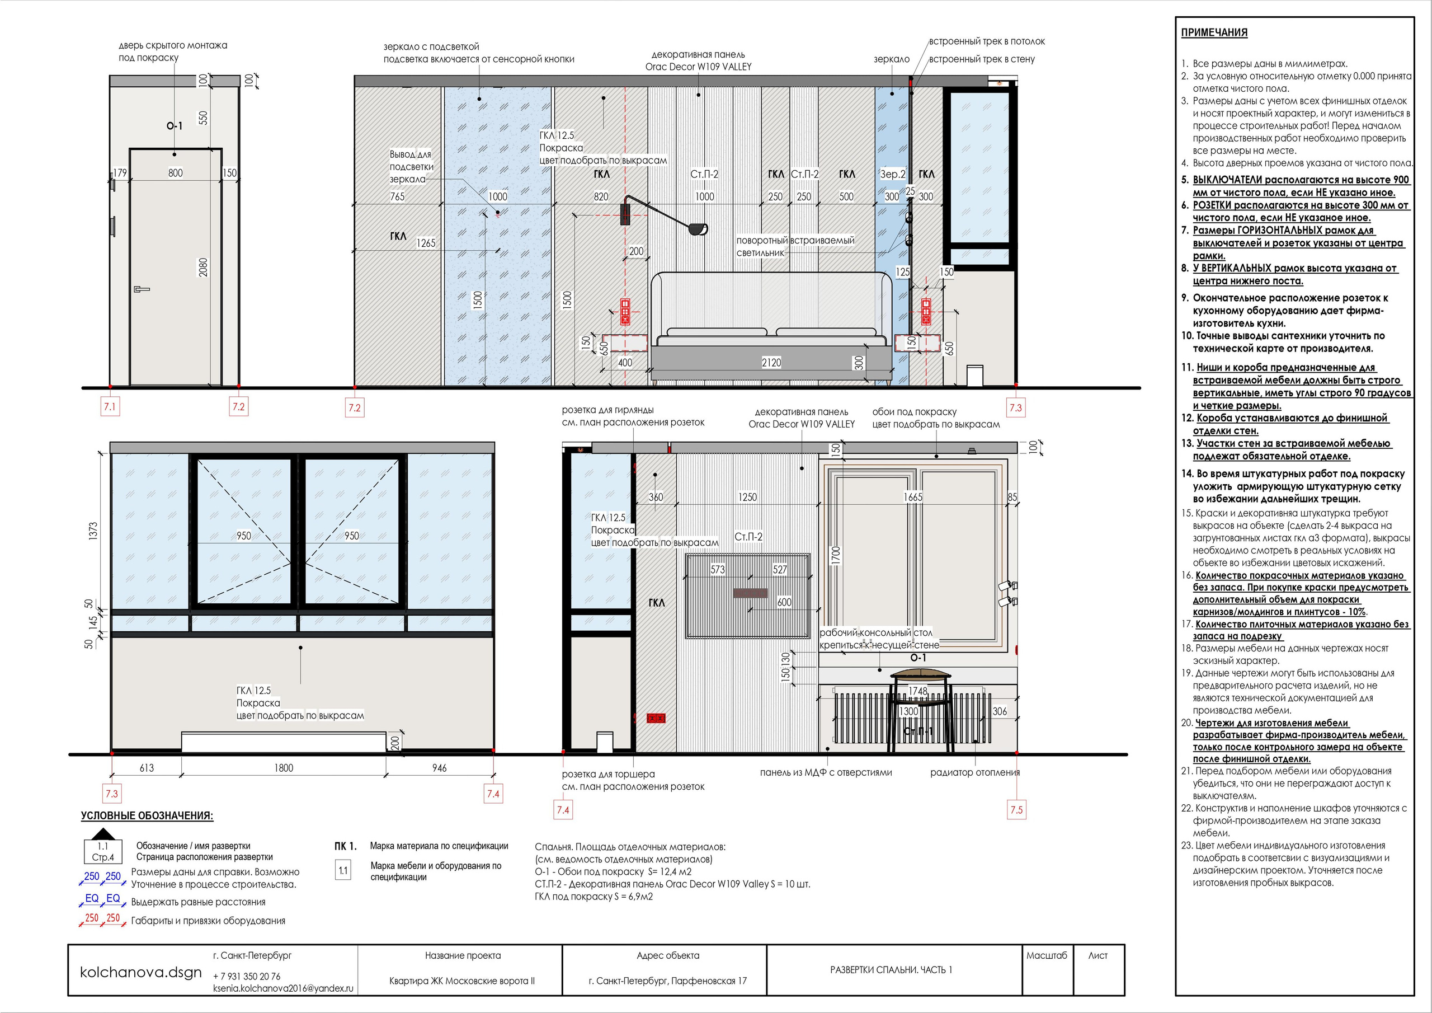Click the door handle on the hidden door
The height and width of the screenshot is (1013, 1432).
[142, 289]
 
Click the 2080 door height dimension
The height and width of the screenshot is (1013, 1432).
[203, 267]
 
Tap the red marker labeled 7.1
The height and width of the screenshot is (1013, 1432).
[110, 407]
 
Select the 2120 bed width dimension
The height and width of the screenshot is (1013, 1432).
[771, 363]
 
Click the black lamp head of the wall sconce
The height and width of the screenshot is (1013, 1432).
[699, 229]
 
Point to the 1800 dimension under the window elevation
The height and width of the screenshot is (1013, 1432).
[284, 768]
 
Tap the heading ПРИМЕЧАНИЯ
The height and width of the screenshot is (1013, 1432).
[1214, 32]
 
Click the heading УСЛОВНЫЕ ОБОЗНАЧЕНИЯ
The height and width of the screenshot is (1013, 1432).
[147, 816]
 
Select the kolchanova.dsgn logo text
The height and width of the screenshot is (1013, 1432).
[141, 972]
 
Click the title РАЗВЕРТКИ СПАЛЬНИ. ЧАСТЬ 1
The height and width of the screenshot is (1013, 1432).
[891, 970]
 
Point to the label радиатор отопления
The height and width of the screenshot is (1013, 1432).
[975, 773]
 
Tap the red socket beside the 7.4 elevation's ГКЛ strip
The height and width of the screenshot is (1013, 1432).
[656, 719]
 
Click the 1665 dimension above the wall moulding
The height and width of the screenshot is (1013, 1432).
[913, 498]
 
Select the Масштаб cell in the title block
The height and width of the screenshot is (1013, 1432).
[1047, 955]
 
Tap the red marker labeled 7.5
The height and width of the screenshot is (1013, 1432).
[1016, 809]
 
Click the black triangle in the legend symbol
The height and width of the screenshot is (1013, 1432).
[103, 834]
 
